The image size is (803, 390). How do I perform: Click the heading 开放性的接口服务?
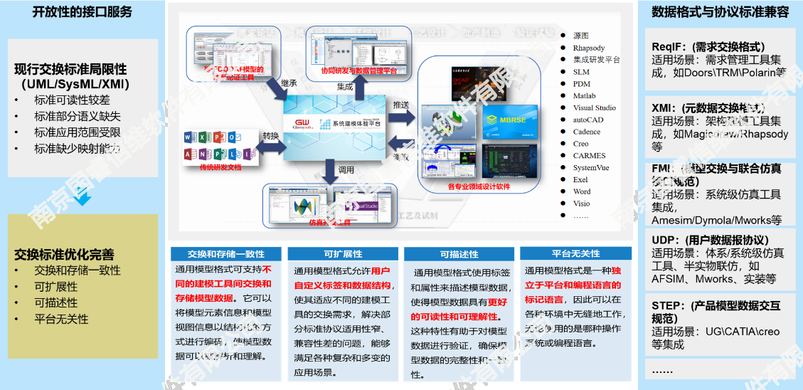coord(82,12)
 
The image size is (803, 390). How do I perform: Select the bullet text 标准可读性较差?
coord(72,100)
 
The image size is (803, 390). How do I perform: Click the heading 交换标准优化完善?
coord(64,254)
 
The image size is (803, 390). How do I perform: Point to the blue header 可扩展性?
coord(343,253)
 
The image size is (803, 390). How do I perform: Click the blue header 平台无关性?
coord(575,253)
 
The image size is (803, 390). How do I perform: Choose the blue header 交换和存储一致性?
coord(226,253)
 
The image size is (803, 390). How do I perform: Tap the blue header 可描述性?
coord(459,253)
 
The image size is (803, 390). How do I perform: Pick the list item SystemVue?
coord(590,167)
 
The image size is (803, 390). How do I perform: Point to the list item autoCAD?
coord(587,120)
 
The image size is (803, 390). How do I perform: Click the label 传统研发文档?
coord(220,167)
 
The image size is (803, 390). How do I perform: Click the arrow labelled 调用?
coord(329,170)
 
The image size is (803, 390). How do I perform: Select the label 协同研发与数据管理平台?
coord(359,70)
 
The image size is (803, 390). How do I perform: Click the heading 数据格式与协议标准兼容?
coord(720,12)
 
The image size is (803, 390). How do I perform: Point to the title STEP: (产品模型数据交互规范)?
coord(716,312)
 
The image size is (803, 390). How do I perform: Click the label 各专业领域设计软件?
coord(479,186)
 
